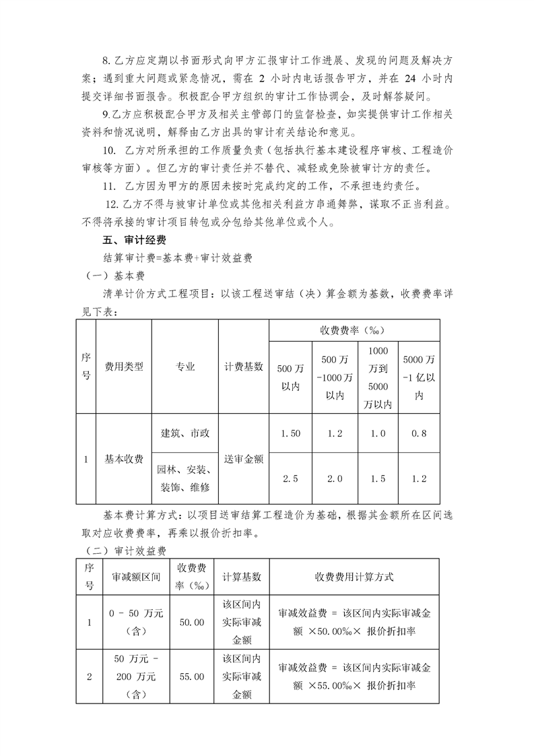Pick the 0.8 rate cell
[418, 433]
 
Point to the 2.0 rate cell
[335, 478]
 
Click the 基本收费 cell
[124, 459]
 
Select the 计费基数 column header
[244, 367]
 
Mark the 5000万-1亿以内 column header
[418, 377]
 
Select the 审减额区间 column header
[135, 577]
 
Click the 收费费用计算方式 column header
[354, 577]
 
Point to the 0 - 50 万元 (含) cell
[135, 622]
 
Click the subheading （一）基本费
[111, 276]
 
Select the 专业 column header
[185, 367]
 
